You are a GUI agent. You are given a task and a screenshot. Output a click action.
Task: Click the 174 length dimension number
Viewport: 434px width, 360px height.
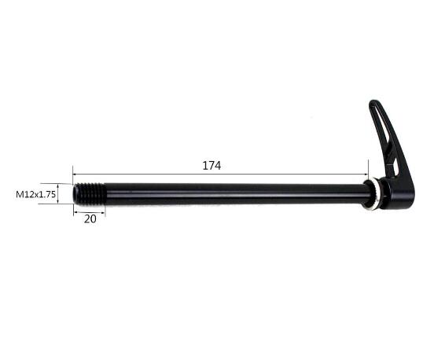click(211, 166)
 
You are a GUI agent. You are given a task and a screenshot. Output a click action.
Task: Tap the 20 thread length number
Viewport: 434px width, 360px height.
click(90, 219)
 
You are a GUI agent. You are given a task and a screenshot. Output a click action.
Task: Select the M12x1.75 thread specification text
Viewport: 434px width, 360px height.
click(36, 193)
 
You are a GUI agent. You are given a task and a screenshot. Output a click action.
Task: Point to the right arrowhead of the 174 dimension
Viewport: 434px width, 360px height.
click(366, 174)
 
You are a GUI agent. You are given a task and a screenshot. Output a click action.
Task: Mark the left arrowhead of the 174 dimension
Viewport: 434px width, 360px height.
click(75, 174)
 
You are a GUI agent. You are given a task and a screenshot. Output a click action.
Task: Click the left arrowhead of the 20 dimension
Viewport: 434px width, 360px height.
click(76, 211)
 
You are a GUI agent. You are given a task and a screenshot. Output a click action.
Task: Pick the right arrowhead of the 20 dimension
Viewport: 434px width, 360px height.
click(102, 211)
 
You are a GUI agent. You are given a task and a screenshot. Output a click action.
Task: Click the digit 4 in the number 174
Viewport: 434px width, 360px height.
click(218, 166)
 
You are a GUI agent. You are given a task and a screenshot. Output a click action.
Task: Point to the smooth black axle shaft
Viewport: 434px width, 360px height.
click(236, 193)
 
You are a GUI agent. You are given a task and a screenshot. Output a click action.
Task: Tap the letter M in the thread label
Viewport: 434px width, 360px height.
click(20, 193)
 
